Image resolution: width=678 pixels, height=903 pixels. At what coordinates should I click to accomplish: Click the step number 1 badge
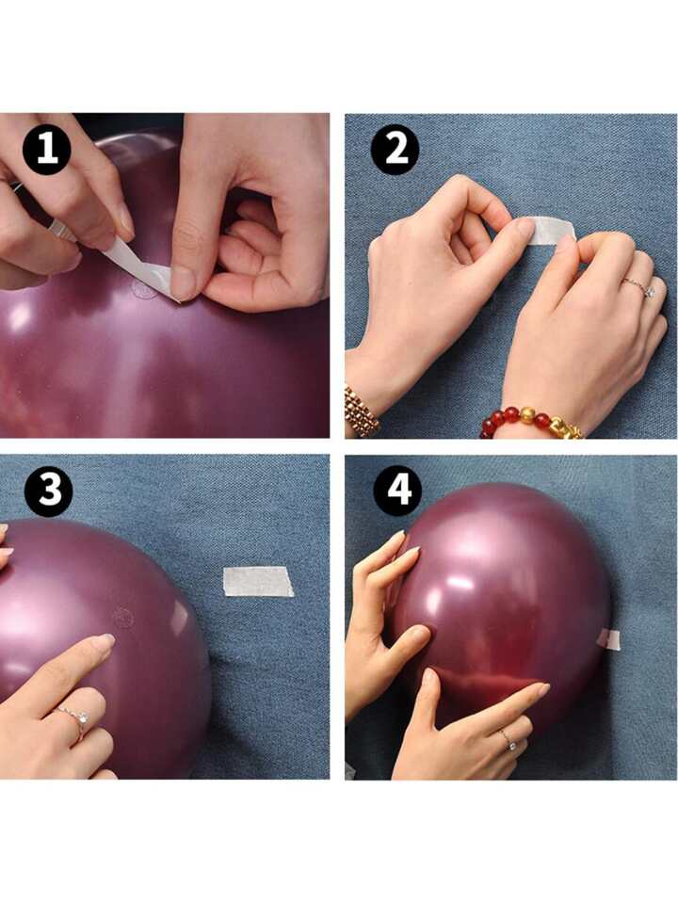click(47, 151)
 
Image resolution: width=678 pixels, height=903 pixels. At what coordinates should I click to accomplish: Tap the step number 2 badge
click(395, 150)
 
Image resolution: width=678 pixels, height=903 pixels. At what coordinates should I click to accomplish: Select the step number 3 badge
click(48, 492)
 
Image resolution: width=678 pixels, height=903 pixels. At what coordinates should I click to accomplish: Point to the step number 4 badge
click(397, 491)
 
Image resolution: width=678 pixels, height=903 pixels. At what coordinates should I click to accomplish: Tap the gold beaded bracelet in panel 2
click(362, 410)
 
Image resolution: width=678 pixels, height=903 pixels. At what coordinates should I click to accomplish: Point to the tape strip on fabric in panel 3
click(258, 581)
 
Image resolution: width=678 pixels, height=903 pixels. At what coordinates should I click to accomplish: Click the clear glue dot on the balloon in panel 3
click(122, 618)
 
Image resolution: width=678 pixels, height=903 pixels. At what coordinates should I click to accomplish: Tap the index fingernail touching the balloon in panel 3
click(104, 641)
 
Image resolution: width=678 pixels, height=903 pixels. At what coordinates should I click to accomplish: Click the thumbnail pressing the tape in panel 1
click(182, 282)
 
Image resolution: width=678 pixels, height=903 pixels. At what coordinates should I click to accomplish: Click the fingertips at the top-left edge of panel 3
click(6, 540)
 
